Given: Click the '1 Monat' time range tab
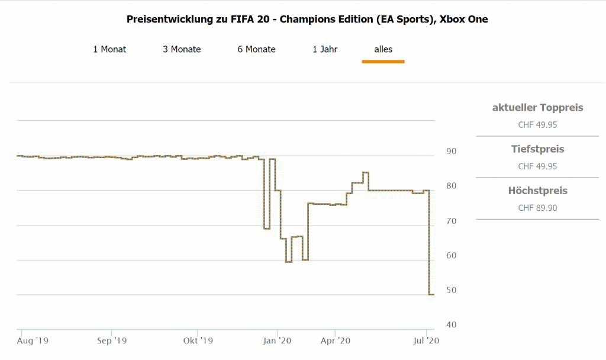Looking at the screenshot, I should pyautogui.click(x=109, y=49).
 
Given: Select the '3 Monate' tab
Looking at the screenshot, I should pyautogui.click(x=182, y=49).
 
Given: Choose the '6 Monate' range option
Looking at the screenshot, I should pyautogui.click(x=256, y=49).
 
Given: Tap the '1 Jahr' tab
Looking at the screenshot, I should pyautogui.click(x=325, y=49).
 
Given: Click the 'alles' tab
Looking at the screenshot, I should pyautogui.click(x=383, y=49).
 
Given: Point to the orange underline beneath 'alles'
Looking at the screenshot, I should pyautogui.click(x=383, y=61).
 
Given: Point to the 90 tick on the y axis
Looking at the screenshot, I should pyautogui.click(x=451, y=152).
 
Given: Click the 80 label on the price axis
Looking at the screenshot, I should pyautogui.click(x=451, y=187).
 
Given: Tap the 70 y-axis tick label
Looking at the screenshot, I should pyautogui.click(x=451, y=221).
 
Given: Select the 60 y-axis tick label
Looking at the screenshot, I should pyautogui.click(x=451, y=256).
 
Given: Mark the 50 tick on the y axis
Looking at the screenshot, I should pyautogui.click(x=451, y=291).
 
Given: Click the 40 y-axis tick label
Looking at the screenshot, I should pyautogui.click(x=451, y=325).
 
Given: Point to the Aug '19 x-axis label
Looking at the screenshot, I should pyautogui.click(x=33, y=341).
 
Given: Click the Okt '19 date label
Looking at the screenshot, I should pyautogui.click(x=198, y=341).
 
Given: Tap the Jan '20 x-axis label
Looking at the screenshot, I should pyautogui.click(x=277, y=341).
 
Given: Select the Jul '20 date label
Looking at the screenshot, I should pyautogui.click(x=426, y=341).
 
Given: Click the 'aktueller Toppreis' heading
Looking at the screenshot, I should pyautogui.click(x=537, y=108).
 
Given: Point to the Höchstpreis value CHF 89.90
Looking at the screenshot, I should pyautogui.click(x=537, y=208).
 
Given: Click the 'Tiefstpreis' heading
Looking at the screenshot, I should pyautogui.click(x=537, y=149).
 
